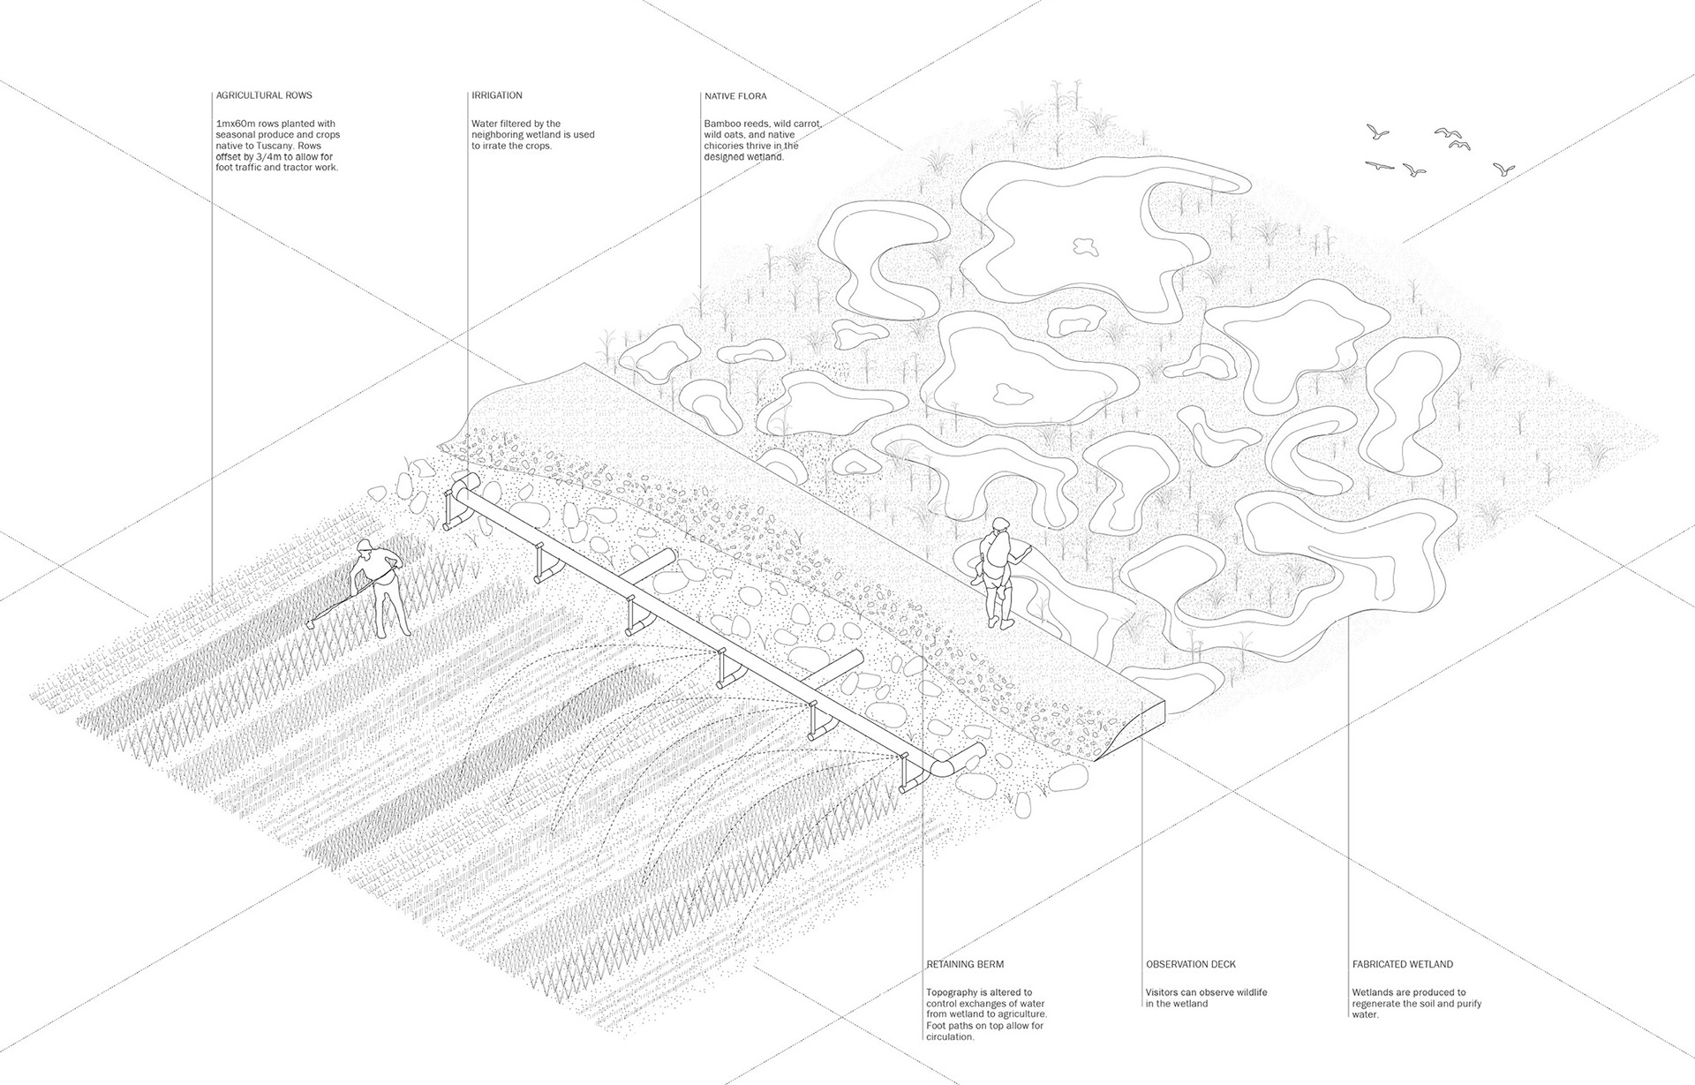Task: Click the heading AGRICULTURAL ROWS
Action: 264,95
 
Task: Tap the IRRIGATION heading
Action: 497,95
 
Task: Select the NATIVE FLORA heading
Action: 735,95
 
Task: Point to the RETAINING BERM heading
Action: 965,965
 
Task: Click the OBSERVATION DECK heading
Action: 1190,965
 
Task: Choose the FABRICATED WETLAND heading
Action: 1403,965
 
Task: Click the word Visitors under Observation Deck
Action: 1164,992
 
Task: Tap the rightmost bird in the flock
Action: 1503,169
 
